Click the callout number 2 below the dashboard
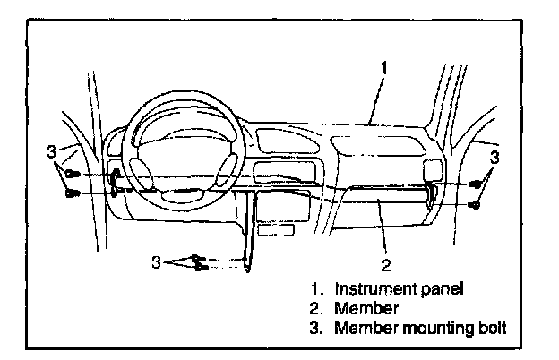click(x=385, y=265)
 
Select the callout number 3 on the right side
click(x=494, y=158)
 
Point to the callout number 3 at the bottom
click(x=156, y=261)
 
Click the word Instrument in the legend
click(x=370, y=289)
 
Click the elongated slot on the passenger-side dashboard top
click(x=358, y=144)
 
